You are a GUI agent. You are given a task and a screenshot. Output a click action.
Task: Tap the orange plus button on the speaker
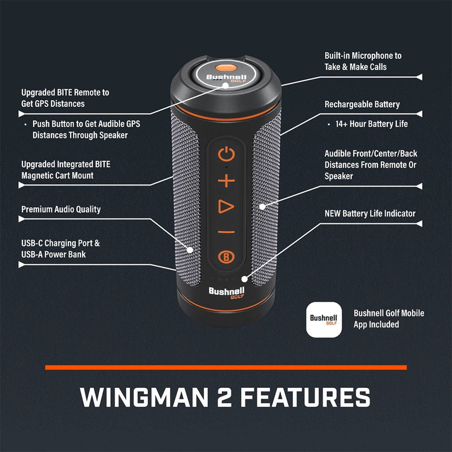(x=226, y=181)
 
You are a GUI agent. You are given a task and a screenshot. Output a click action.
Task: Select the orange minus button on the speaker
(x=226, y=232)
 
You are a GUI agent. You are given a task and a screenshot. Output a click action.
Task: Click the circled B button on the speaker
(x=226, y=257)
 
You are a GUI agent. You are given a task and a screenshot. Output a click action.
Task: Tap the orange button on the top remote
(x=225, y=67)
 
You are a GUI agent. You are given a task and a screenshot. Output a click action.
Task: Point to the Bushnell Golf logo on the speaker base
(x=227, y=293)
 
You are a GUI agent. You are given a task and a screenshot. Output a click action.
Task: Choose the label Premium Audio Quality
(x=61, y=209)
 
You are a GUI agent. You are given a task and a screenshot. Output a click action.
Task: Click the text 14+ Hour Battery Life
(x=372, y=124)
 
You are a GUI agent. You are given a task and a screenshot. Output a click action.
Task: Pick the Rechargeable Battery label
(x=362, y=105)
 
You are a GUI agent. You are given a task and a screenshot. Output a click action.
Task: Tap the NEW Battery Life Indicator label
(x=369, y=213)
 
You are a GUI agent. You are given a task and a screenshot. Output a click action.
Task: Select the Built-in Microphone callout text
(x=363, y=61)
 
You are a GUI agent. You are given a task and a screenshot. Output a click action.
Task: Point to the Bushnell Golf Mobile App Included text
(x=388, y=319)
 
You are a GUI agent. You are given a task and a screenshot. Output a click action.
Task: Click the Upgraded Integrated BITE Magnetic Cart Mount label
(x=66, y=170)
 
